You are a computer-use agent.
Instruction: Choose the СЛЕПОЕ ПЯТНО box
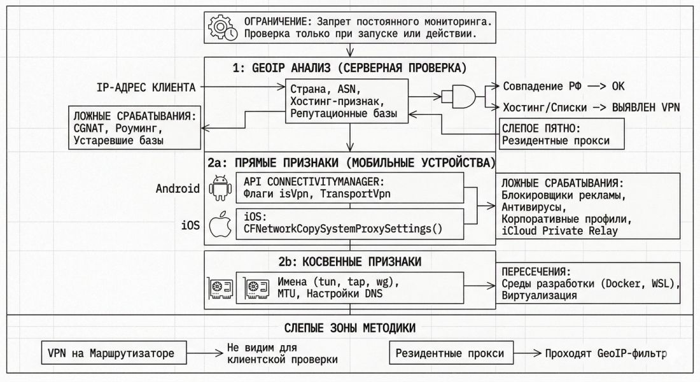[x=561, y=134]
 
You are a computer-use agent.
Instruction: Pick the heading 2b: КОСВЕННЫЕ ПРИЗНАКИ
[x=350, y=261]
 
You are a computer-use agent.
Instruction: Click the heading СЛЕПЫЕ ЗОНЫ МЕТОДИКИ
[x=350, y=329]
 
